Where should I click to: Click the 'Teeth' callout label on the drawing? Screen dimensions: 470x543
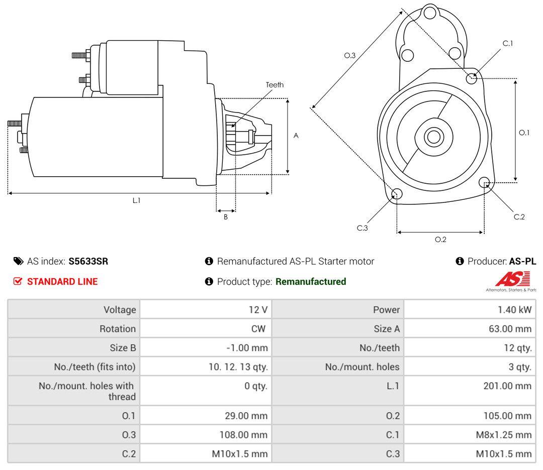point(275,85)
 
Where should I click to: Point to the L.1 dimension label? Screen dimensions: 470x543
point(136,200)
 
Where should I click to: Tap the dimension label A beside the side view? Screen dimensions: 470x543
point(296,136)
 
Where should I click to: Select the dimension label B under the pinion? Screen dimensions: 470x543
point(226,217)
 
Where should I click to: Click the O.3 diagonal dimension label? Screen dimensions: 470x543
point(350,56)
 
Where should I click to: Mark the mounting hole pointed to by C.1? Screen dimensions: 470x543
point(472,78)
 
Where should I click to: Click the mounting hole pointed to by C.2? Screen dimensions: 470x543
point(485,182)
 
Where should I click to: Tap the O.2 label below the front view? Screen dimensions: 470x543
point(440,240)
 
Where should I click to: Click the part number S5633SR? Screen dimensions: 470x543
point(88,261)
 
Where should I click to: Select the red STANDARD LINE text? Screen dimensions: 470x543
point(62,282)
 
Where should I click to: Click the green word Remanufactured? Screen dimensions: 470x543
point(311,282)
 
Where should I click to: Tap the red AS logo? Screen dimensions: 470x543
point(512,279)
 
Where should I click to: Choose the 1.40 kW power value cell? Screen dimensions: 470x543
point(514,310)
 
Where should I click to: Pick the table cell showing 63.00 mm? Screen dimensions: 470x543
point(509,329)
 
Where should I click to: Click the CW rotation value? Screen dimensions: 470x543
point(258,329)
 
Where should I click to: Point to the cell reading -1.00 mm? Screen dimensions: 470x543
point(247,348)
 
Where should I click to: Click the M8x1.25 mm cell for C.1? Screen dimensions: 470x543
point(503,435)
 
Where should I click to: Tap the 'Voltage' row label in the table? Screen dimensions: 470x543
point(120,310)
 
